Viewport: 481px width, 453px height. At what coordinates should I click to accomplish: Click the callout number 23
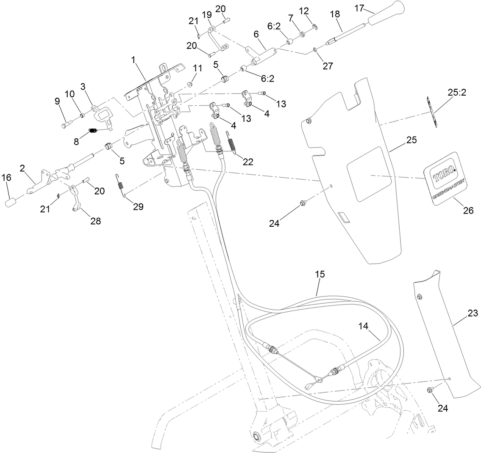[473, 313]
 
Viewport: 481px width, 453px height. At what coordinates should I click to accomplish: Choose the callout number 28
[95, 221]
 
